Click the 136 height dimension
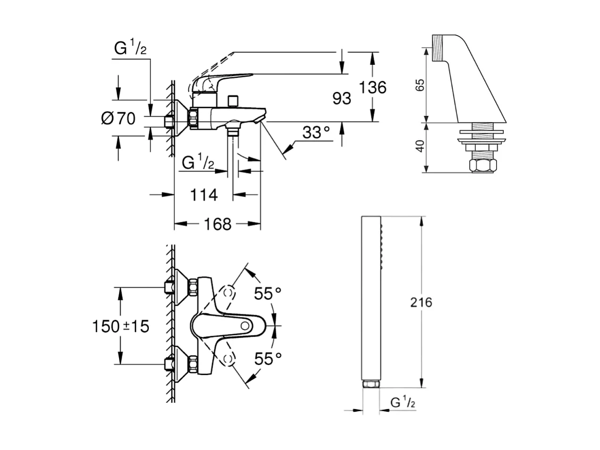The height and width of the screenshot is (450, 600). click(x=372, y=87)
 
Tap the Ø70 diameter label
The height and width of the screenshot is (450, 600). click(x=117, y=119)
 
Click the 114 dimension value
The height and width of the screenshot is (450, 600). click(x=204, y=195)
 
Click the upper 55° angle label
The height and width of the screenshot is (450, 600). click(x=267, y=294)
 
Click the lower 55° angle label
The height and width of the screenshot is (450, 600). click(x=267, y=359)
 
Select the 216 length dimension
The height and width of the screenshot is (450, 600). click(x=421, y=303)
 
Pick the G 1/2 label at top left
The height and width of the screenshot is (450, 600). click(x=130, y=49)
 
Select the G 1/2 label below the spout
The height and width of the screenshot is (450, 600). click(x=197, y=164)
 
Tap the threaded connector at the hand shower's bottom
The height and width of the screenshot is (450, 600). click(x=370, y=384)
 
